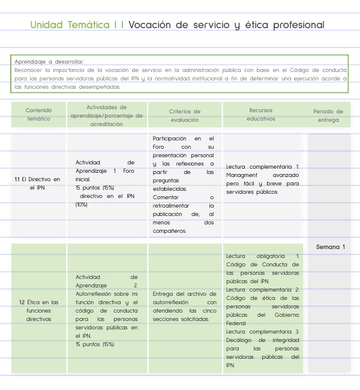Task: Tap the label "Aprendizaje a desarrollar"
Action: [x=49, y=62]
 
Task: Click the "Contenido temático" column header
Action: [x=39, y=115]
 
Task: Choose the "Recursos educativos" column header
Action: [x=261, y=114]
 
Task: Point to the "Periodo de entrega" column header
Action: [x=328, y=115]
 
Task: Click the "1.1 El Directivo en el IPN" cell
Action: [x=38, y=183]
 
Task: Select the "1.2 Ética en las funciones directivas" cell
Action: [x=38, y=310]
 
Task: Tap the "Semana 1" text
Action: [x=331, y=247]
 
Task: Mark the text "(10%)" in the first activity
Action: [x=82, y=205]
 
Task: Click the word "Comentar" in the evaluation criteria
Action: [x=166, y=197]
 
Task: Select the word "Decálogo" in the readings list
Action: [x=241, y=340]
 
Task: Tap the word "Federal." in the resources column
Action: [x=236, y=323]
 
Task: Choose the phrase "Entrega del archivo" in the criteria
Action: [x=177, y=294]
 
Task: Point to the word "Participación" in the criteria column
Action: [x=170, y=138]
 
